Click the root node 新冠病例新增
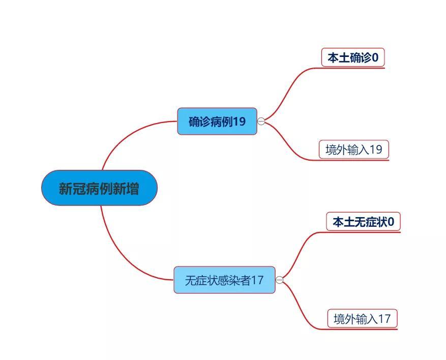point(99,188)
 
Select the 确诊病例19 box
point(217,121)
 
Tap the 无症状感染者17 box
point(224,280)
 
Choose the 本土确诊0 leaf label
point(353,57)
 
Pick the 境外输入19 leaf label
point(354,149)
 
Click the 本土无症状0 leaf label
point(363,222)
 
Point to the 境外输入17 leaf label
point(362,318)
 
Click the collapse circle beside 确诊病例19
point(261,122)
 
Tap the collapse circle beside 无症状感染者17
point(280,280)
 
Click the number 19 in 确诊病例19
point(239,122)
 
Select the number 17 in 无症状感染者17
point(257,280)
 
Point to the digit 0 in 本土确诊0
point(375,57)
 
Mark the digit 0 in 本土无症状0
point(391,222)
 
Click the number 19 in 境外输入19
point(376,149)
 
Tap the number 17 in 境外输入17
point(384,318)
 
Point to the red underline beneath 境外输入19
point(353,160)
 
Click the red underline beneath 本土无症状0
point(363,232)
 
